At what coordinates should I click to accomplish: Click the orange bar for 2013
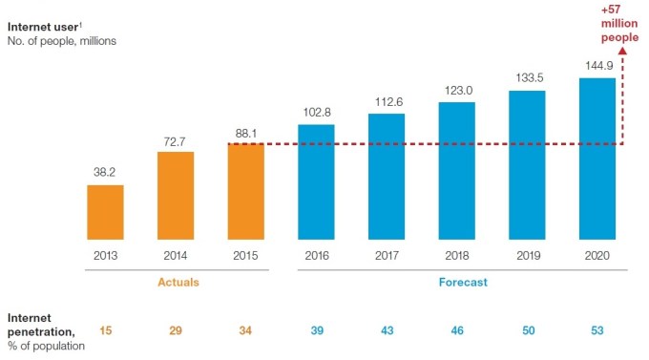click(105, 211)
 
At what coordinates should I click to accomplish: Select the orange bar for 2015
click(245, 190)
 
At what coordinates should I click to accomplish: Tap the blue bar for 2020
click(597, 158)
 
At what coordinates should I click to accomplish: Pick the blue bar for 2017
click(387, 176)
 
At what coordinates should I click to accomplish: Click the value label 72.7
click(176, 140)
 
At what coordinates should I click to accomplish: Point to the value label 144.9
click(597, 66)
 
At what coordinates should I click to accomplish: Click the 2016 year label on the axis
click(316, 256)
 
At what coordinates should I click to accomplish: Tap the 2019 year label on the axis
click(526, 256)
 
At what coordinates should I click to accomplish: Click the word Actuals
click(176, 282)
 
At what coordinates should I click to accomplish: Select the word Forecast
click(456, 282)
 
